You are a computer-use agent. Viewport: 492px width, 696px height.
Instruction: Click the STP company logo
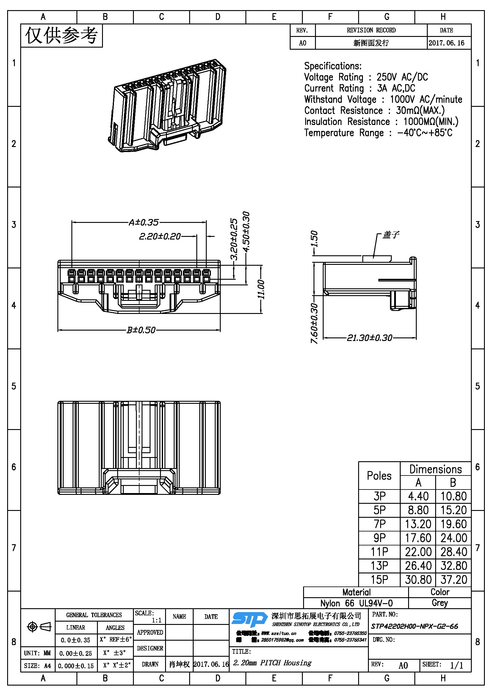coord(249,619)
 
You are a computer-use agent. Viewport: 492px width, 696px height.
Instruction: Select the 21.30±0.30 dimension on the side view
coord(369,337)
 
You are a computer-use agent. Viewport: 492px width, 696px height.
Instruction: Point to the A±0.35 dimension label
coord(143,223)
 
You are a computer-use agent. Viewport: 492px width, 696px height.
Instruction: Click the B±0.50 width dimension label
coord(141,330)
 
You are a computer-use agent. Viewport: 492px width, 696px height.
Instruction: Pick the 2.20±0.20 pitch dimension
coord(160,236)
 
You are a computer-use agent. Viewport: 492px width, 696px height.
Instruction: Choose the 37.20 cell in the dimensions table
coord(453,580)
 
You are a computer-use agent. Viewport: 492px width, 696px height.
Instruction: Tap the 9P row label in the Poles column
coord(379,538)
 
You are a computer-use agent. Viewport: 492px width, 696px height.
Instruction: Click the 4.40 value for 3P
coord(418,496)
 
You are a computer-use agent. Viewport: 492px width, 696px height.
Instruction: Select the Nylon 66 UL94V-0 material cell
coord(356,603)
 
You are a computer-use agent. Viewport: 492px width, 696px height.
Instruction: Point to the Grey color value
coord(440,603)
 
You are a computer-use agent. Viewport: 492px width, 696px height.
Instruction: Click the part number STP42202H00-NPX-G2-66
coord(414,626)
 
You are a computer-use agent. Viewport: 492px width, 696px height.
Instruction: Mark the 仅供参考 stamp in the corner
coord(62,36)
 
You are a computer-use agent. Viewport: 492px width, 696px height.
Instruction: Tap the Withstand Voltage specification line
coord(383,99)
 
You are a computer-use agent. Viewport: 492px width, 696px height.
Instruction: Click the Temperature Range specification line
coord(378,133)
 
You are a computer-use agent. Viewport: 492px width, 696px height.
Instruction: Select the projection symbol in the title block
coord(39,626)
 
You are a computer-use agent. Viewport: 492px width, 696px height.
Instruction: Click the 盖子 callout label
coord(391,234)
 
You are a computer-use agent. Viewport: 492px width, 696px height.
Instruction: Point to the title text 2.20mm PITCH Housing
coord(272,663)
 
